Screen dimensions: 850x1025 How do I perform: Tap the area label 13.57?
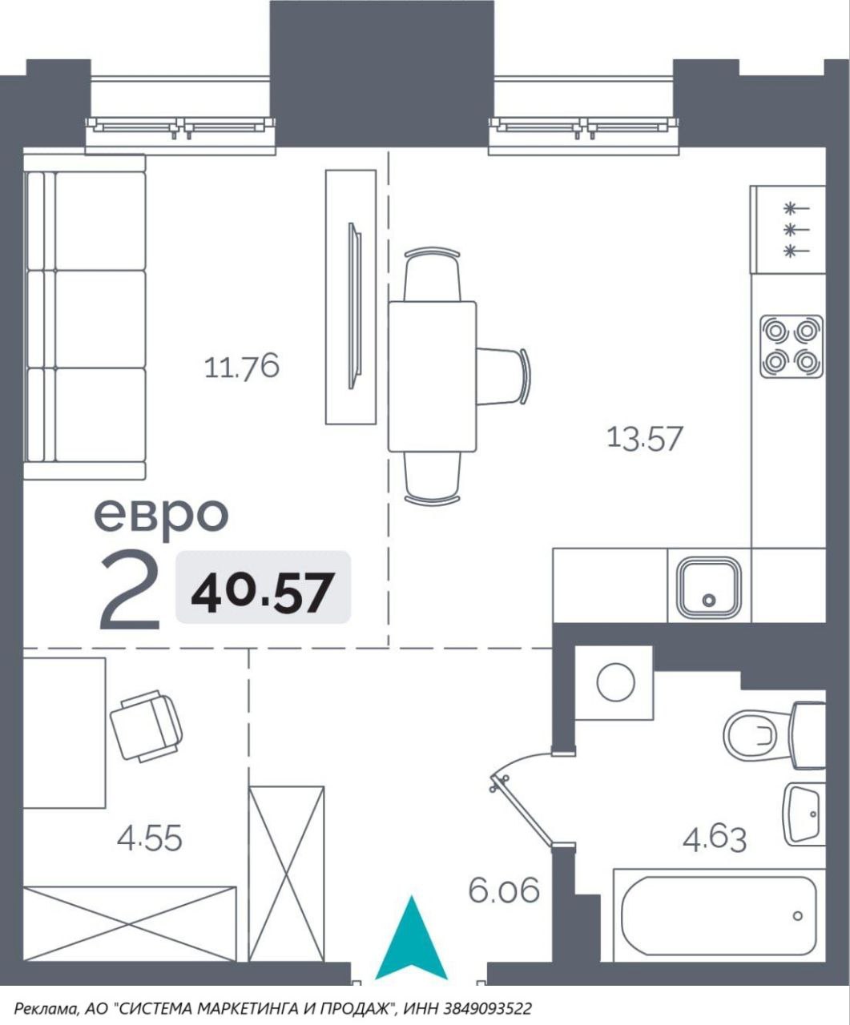(x=645, y=438)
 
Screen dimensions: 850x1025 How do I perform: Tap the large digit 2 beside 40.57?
(x=130, y=590)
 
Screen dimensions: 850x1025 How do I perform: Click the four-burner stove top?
(x=792, y=347)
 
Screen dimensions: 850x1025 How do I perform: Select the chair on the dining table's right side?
(x=503, y=376)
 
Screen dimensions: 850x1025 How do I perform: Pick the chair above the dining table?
(x=432, y=275)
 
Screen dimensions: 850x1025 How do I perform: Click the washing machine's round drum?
(x=616, y=681)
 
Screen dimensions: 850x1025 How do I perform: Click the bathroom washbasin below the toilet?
(x=804, y=814)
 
